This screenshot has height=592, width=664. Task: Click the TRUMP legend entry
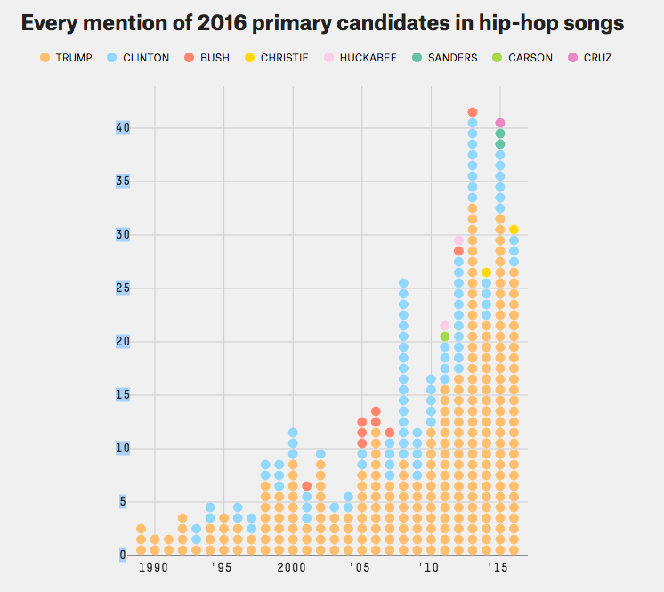67,58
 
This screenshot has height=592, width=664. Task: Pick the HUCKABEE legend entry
361,58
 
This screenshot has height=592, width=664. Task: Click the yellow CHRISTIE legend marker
250,58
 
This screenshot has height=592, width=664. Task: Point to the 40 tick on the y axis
123,127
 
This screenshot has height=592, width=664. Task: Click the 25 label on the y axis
123,288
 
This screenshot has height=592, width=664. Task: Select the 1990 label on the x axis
153,568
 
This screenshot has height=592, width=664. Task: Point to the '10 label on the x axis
429,568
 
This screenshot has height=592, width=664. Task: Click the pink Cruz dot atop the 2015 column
500,123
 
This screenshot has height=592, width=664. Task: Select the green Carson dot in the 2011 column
445,337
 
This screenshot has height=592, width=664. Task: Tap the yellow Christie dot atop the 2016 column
514,230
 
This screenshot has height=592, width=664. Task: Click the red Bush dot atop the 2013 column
473,112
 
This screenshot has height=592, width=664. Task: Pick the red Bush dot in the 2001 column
306,486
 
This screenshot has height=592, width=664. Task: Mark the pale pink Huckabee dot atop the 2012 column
458,240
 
